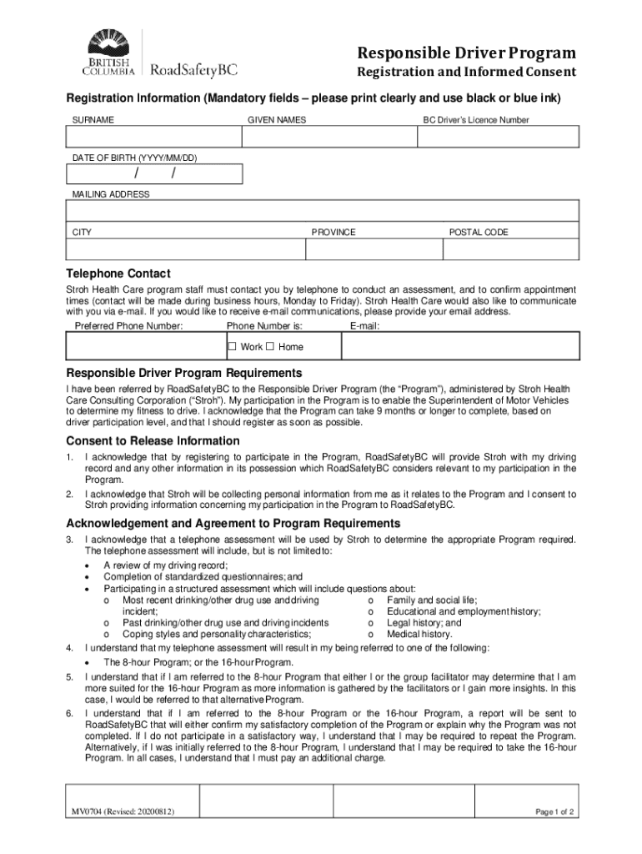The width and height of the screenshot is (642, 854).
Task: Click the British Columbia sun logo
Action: (x=108, y=43)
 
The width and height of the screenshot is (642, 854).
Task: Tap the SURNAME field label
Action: (x=93, y=120)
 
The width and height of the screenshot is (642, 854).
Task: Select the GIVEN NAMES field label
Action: (x=277, y=120)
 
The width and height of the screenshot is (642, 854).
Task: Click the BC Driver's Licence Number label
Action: (x=475, y=120)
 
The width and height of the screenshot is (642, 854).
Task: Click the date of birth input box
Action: (x=155, y=173)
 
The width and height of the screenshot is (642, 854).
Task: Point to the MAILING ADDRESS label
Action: (x=111, y=194)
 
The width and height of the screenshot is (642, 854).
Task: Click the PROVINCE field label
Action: (x=334, y=233)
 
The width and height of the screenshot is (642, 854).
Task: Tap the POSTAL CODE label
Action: (x=479, y=233)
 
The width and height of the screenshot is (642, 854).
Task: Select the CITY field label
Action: (x=83, y=233)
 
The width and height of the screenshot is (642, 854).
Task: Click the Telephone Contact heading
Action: (x=118, y=274)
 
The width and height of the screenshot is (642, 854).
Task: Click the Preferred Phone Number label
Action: (x=128, y=325)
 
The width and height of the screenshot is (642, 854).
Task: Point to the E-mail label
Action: (x=365, y=325)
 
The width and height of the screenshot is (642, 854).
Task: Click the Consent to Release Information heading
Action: (x=153, y=440)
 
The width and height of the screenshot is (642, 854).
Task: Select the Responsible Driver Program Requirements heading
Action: (x=183, y=373)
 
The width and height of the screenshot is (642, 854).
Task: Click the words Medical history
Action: (x=419, y=634)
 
